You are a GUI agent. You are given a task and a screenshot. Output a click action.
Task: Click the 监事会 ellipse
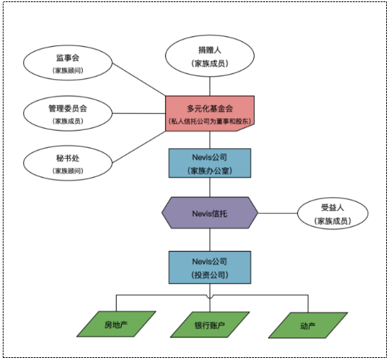68,63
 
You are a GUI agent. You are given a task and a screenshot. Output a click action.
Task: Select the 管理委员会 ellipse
68,113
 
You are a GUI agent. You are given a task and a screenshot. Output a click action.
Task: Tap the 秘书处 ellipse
68,163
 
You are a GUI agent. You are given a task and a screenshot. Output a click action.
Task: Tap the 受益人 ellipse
332,213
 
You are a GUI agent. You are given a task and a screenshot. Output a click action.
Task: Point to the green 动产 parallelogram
308,325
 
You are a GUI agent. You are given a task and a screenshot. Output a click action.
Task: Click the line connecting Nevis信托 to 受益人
278,213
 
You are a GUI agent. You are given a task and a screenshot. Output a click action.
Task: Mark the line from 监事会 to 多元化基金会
140,79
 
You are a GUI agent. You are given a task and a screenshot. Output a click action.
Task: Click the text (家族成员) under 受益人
332,221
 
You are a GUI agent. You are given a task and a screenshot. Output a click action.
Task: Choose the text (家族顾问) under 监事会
68,71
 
